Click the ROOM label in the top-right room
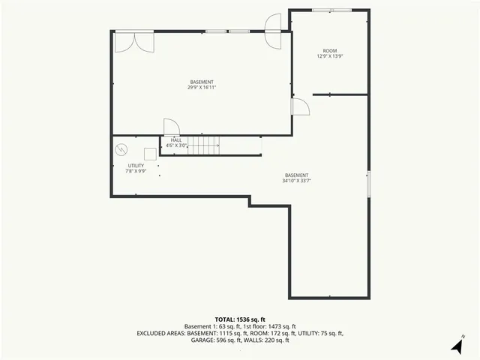click(x=330, y=50)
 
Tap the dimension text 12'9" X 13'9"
click(x=330, y=56)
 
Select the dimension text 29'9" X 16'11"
click(x=202, y=87)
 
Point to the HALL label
click(x=176, y=139)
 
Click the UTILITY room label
click(x=136, y=165)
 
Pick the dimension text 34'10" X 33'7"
click(x=296, y=180)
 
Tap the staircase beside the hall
click(x=203, y=145)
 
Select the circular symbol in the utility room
click(x=121, y=148)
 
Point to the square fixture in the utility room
click(x=150, y=154)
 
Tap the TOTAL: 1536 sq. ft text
click(x=240, y=319)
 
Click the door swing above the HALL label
click(x=171, y=126)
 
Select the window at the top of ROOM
click(x=330, y=10)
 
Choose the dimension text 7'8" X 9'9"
click(x=136, y=171)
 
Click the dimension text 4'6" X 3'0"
click(x=176, y=145)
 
